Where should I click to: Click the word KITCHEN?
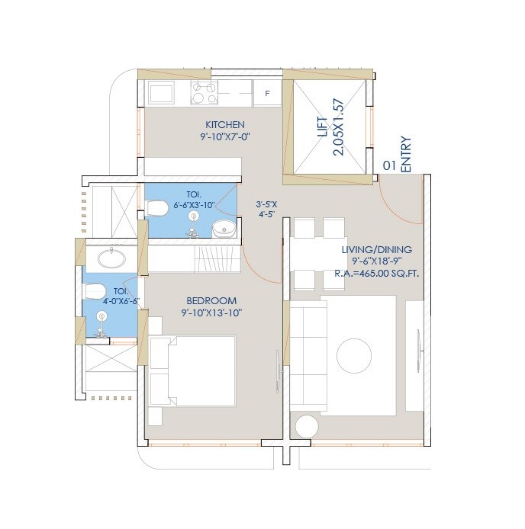(224, 124)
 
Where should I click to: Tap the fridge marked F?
(266, 94)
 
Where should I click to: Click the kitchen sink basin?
(162, 93)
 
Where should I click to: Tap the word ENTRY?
(405, 153)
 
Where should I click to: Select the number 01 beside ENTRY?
(388, 164)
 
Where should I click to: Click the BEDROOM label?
(208, 300)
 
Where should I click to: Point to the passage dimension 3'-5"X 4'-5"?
(268, 210)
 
